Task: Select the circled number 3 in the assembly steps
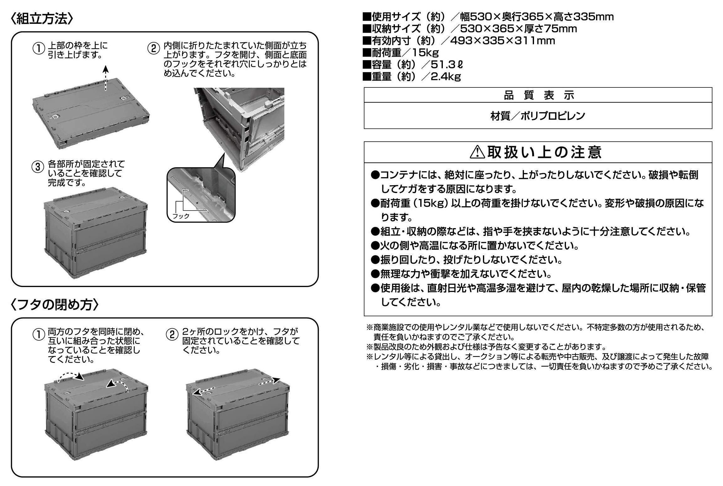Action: pyautogui.click(x=38, y=167)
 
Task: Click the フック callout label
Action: pyautogui.click(x=181, y=216)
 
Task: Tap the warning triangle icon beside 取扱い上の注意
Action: pyautogui.click(x=477, y=153)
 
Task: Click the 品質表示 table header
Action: pyautogui.click(x=538, y=95)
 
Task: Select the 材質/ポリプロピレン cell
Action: pyautogui.click(x=538, y=116)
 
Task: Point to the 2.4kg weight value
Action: pyautogui.click(x=446, y=77)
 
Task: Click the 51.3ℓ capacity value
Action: pyautogui.click(x=447, y=65)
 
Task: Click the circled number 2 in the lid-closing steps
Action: pyautogui.click(x=172, y=335)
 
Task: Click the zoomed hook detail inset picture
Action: pyautogui.click(x=201, y=195)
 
